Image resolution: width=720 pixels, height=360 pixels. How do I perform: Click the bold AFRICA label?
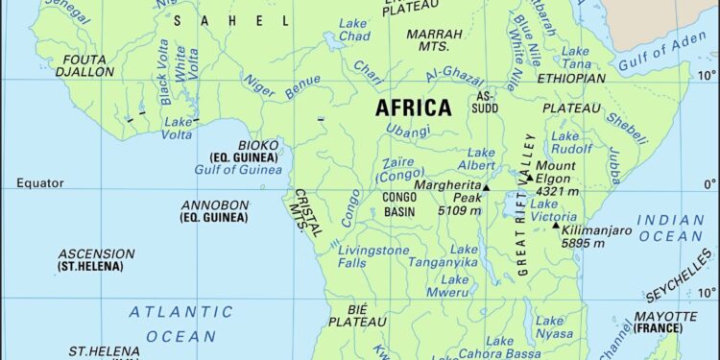[x=413, y=108]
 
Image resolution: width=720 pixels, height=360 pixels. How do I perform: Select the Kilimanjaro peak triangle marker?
[x=555, y=226]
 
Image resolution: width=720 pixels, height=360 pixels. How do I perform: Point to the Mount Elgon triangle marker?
[x=528, y=178]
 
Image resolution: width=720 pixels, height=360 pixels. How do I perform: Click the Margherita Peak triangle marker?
[x=486, y=188]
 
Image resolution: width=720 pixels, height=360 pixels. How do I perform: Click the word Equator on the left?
[x=39, y=182]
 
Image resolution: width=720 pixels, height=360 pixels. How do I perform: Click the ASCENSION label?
[x=96, y=253]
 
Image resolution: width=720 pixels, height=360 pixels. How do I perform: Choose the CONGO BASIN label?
[x=398, y=204]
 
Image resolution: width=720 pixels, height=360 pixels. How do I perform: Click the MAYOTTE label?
[x=664, y=316]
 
